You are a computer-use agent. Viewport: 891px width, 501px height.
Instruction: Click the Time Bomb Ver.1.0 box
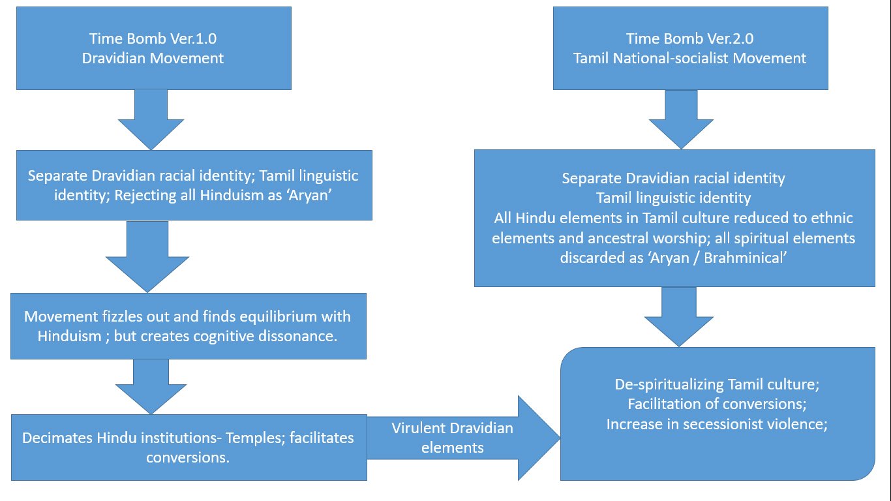[x=153, y=48]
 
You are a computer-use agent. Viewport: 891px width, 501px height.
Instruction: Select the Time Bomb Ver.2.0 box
[x=690, y=48]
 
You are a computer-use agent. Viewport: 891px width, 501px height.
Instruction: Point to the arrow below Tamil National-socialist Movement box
[x=680, y=119]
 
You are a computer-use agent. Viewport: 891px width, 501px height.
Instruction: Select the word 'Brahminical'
[x=750, y=257]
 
